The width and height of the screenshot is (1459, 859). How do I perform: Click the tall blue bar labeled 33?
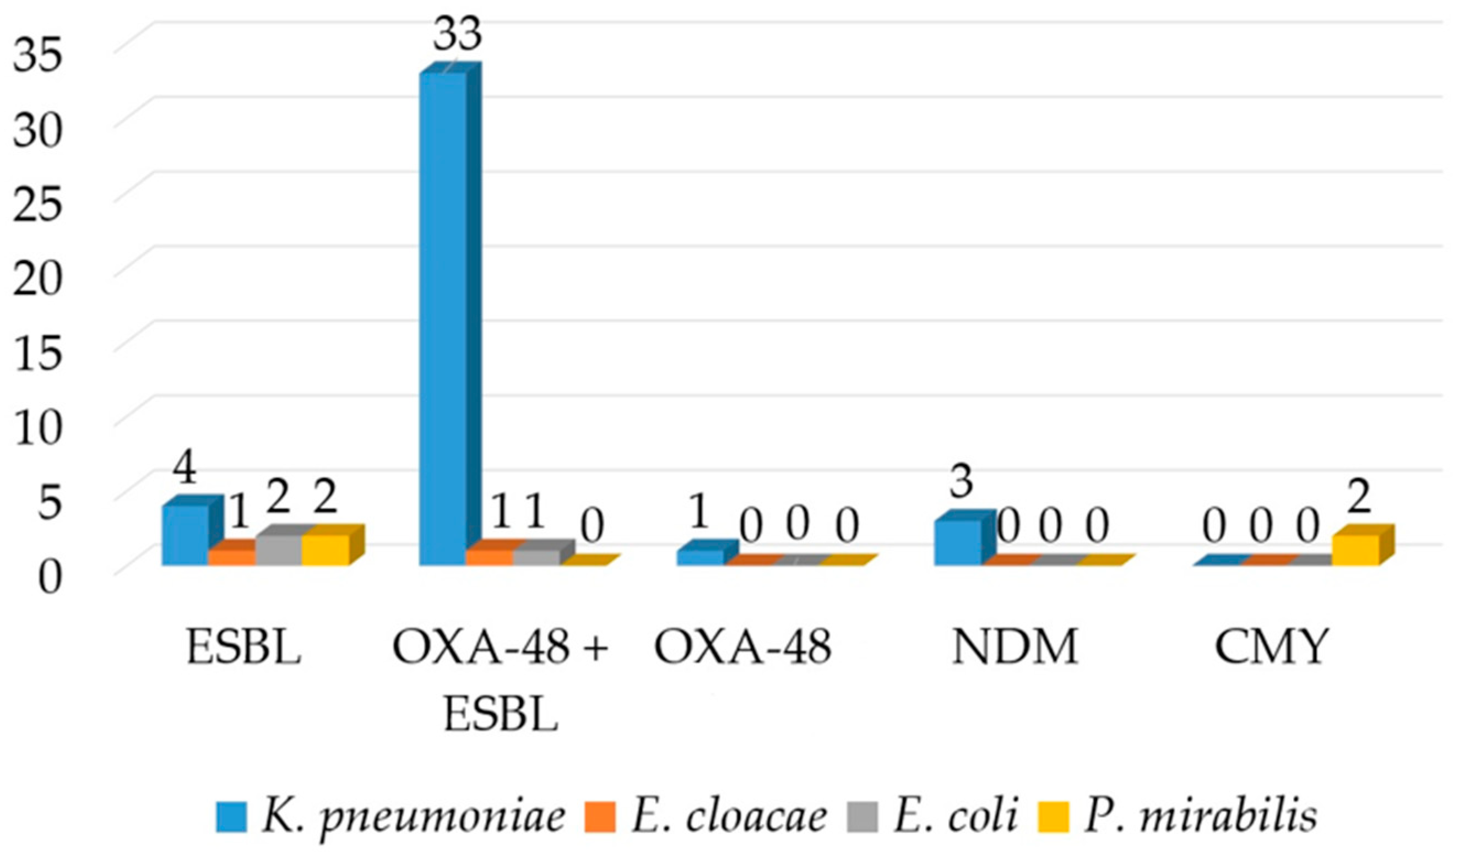click(443, 318)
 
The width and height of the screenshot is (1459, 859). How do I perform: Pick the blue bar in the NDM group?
click(958, 542)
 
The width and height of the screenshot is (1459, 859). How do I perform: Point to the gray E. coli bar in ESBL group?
click(279, 550)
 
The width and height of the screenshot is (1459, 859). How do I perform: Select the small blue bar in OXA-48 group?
click(701, 557)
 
